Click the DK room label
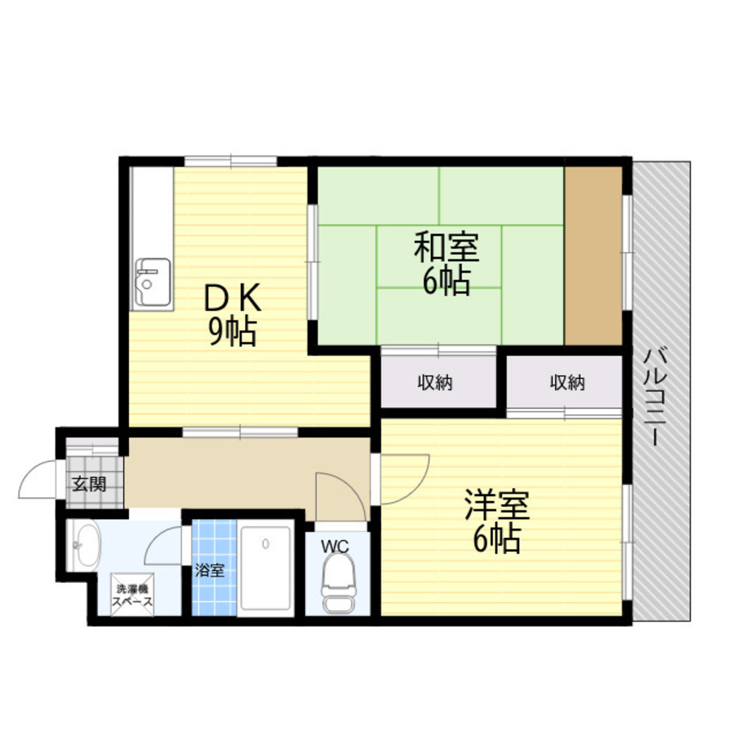tap(233, 298)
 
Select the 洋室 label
tap(497, 506)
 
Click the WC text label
tap(335, 546)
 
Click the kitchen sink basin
tap(153, 282)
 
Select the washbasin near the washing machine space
tap(84, 546)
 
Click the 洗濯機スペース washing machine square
tap(132, 594)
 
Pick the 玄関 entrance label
tap(89, 483)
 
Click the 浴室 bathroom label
tap(209, 570)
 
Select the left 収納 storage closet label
tap(436, 383)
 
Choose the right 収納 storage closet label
tap(567, 383)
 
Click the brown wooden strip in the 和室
tap(593, 256)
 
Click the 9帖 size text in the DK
tap(233, 332)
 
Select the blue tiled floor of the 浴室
tap(214, 567)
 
